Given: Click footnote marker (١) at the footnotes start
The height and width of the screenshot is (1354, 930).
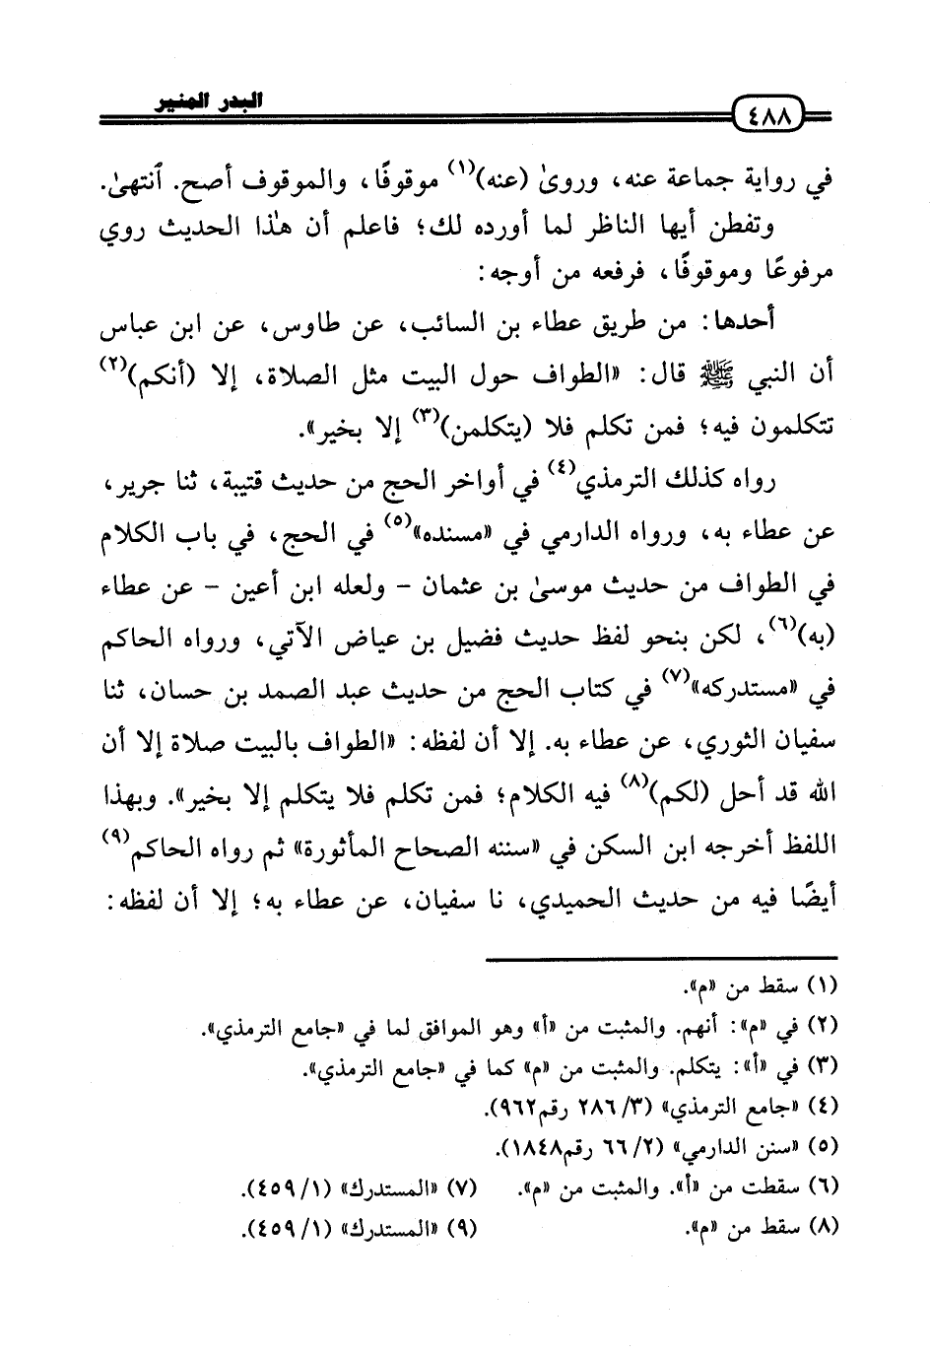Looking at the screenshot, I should click(821, 986).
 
